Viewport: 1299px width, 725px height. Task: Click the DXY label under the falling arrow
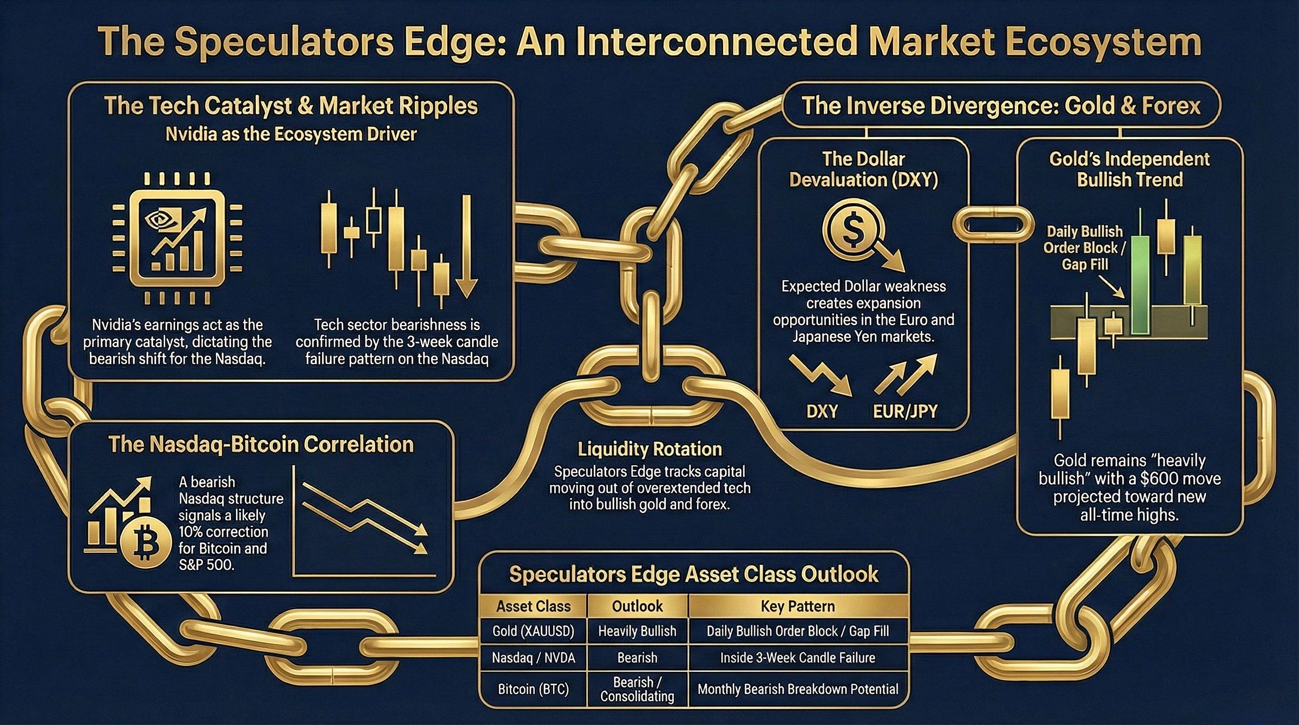[822, 412]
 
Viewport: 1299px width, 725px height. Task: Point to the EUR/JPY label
[905, 412]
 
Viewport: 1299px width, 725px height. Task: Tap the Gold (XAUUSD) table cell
[533, 631]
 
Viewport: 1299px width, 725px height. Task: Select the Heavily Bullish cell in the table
[637, 631]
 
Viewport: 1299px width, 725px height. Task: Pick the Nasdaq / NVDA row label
[533, 658]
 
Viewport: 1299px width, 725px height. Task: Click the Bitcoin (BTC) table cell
[533, 689]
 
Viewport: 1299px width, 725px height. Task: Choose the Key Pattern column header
[797, 606]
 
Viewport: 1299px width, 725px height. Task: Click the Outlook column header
[637, 606]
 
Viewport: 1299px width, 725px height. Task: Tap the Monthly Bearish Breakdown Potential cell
[797, 689]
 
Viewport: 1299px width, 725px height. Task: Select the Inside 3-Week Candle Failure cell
[797, 658]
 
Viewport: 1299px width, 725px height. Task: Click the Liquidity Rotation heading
[649, 449]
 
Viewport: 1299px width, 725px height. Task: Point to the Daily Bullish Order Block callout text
[1084, 248]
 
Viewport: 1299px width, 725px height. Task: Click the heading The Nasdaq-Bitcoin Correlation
[261, 444]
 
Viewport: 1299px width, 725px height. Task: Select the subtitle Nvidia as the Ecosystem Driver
[291, 134]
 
